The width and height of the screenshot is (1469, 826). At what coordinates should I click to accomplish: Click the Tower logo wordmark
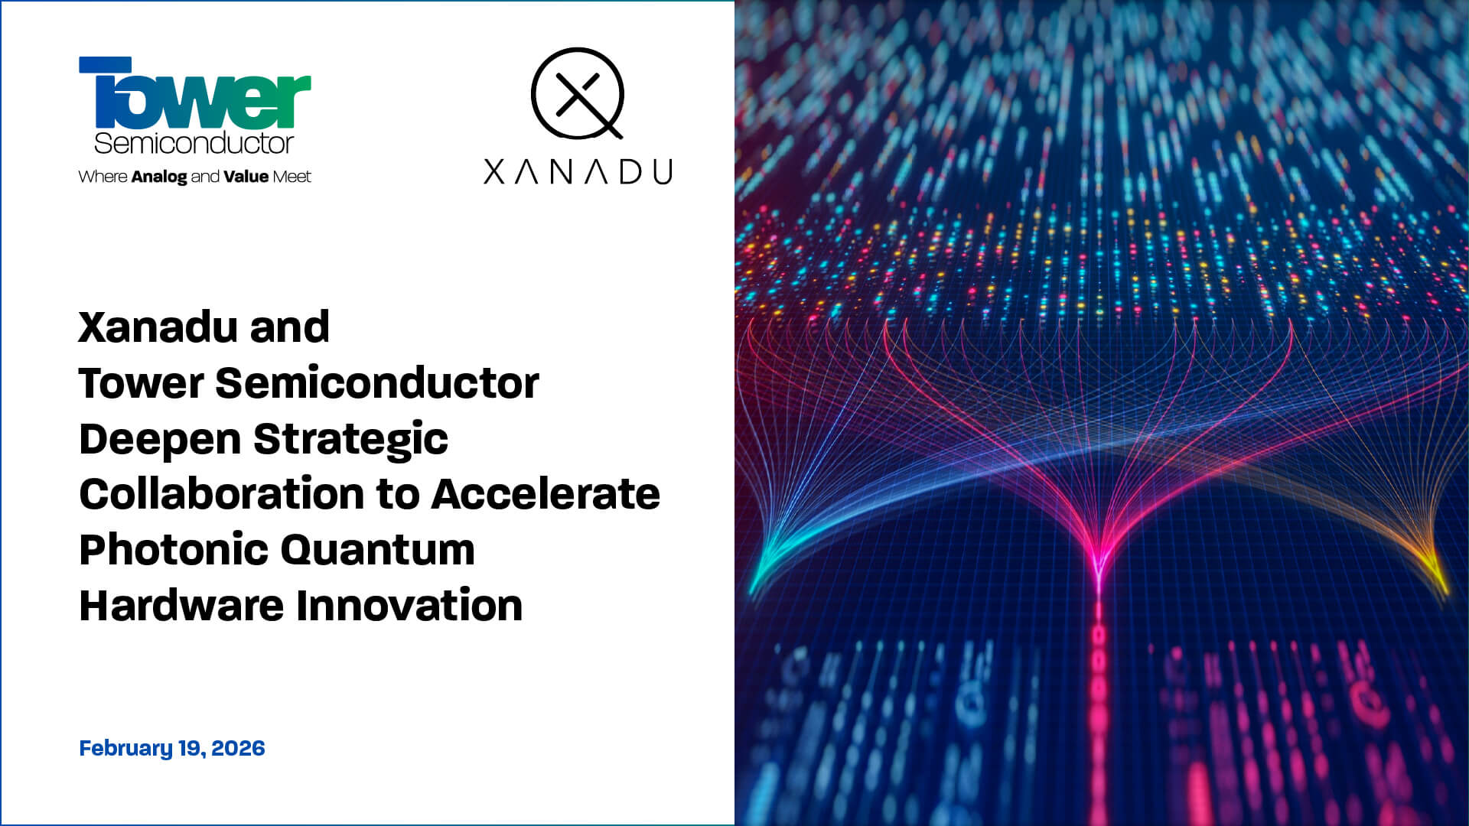(194, 93)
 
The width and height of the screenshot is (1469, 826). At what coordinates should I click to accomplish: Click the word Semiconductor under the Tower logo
(194, 143)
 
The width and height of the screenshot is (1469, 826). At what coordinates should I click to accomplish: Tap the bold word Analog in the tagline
(159, 177)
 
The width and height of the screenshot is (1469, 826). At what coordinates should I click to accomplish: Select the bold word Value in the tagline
(246, 177)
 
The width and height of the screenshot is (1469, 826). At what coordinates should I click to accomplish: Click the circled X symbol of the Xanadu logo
(578, 93)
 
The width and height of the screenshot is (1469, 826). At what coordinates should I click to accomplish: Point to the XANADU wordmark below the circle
(578, 172)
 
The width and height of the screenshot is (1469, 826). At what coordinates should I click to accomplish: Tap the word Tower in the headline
(141, 382)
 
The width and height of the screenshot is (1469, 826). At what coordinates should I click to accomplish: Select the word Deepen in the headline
(159, 439)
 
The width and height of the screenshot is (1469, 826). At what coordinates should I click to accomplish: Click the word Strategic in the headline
(350, 439)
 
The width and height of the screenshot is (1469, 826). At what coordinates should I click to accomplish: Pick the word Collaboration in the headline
(220, 493)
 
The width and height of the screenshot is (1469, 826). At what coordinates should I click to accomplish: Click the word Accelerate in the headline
(546, 493)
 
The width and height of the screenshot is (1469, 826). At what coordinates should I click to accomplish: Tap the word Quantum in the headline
(377, 549)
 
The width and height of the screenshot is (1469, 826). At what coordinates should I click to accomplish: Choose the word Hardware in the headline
(181, 605)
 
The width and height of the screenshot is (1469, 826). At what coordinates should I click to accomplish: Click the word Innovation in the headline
(409, 605)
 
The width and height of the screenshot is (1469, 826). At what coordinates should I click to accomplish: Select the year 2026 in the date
(238, 748)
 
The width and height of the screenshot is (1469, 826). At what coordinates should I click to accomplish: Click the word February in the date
(125, 748)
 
